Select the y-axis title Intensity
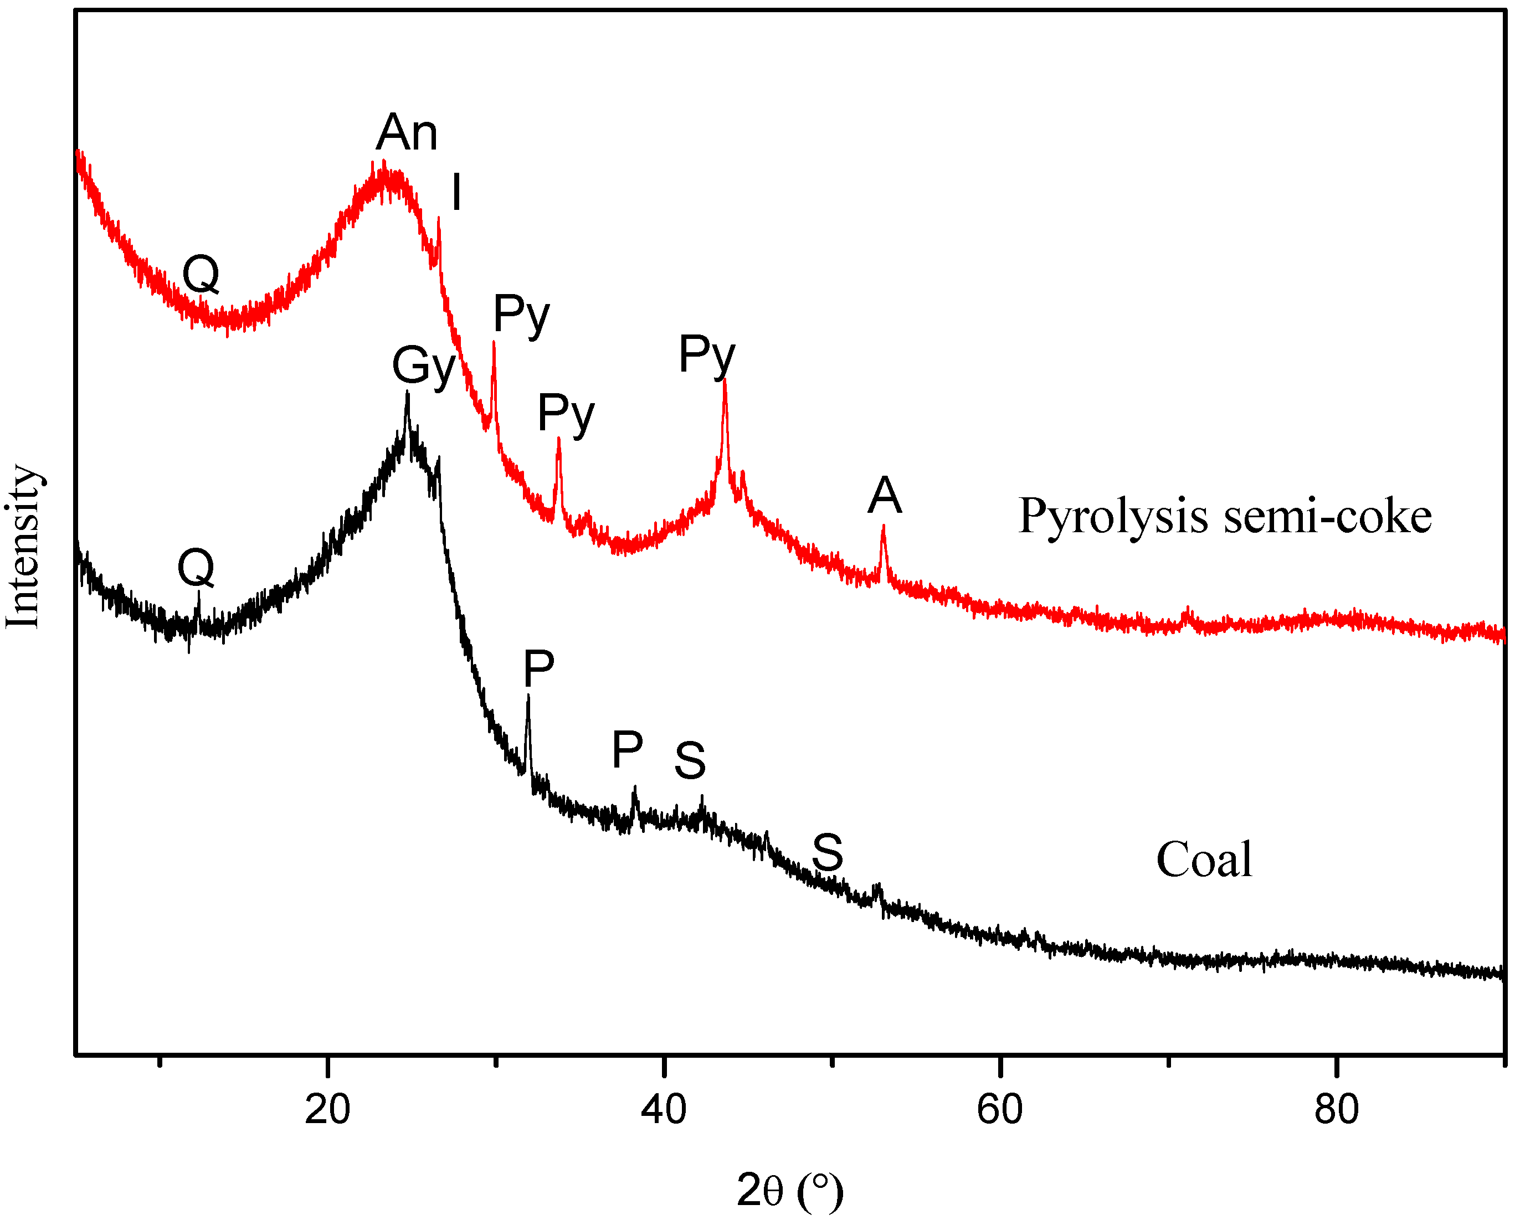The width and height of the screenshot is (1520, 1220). [23, 546]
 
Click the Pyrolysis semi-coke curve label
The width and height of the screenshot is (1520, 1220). [1225, 516]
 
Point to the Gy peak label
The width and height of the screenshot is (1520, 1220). [424, 367]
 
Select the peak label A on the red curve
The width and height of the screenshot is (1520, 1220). [884, 496]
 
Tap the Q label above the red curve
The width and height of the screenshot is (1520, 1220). [201, 274]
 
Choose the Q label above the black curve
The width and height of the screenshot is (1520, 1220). [196, 568]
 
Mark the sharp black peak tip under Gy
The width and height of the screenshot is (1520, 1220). [407, 393]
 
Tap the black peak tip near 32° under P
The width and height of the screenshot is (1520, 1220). [528, 696]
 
